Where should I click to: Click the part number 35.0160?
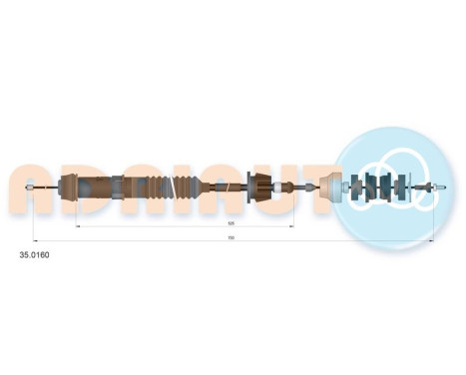click(36, 255)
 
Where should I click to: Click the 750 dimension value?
click(231, 237)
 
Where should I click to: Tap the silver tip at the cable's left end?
click(36, 187)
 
